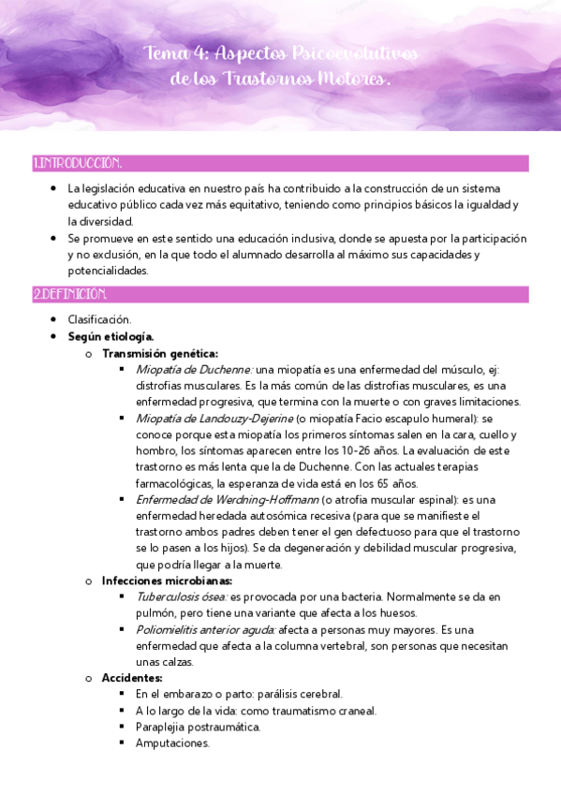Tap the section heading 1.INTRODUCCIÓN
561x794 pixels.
(x=77, y=164)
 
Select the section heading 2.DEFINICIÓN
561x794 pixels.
(x=70, y=294)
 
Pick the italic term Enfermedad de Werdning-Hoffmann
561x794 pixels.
(x=226, y=499)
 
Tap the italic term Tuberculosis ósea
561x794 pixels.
(x=181, y=596)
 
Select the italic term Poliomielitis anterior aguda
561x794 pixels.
(x=205, y=629)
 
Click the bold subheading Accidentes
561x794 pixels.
(x=132, y=678)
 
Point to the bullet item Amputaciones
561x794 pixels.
(x=172, y=743)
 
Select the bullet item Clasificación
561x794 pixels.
(x=99, y=320)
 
